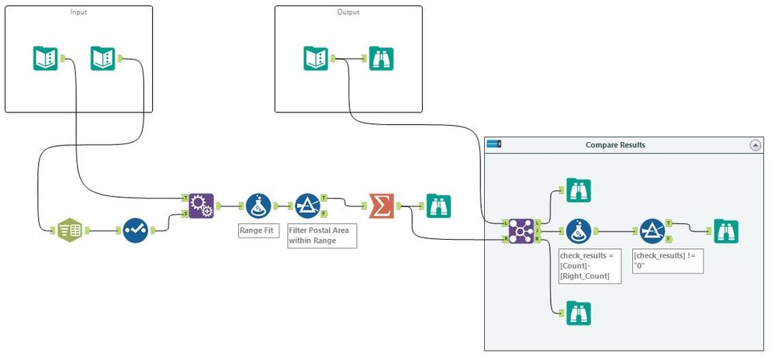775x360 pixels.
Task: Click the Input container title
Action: tap(78, 12)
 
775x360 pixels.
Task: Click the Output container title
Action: tap(348, 12)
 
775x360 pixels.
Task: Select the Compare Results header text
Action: tap(615, 145)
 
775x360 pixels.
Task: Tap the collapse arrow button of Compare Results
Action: tap(755, 145)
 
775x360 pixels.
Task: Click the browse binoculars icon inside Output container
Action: tap(382, 58)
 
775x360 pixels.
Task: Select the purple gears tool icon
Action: tap(201, 206)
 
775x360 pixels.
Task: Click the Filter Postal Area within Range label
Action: tap(321, 236)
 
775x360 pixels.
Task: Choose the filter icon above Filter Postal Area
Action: tap(308, 206)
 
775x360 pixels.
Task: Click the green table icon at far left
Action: tap(69, 230)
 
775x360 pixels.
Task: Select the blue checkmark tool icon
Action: tap(135, 230)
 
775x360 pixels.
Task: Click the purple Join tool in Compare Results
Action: tap(521, 230)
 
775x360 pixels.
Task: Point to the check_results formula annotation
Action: tap(590, 265)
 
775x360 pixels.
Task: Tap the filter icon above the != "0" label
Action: tap(652, 230)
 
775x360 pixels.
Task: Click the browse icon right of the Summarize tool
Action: tap(439, 206)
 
